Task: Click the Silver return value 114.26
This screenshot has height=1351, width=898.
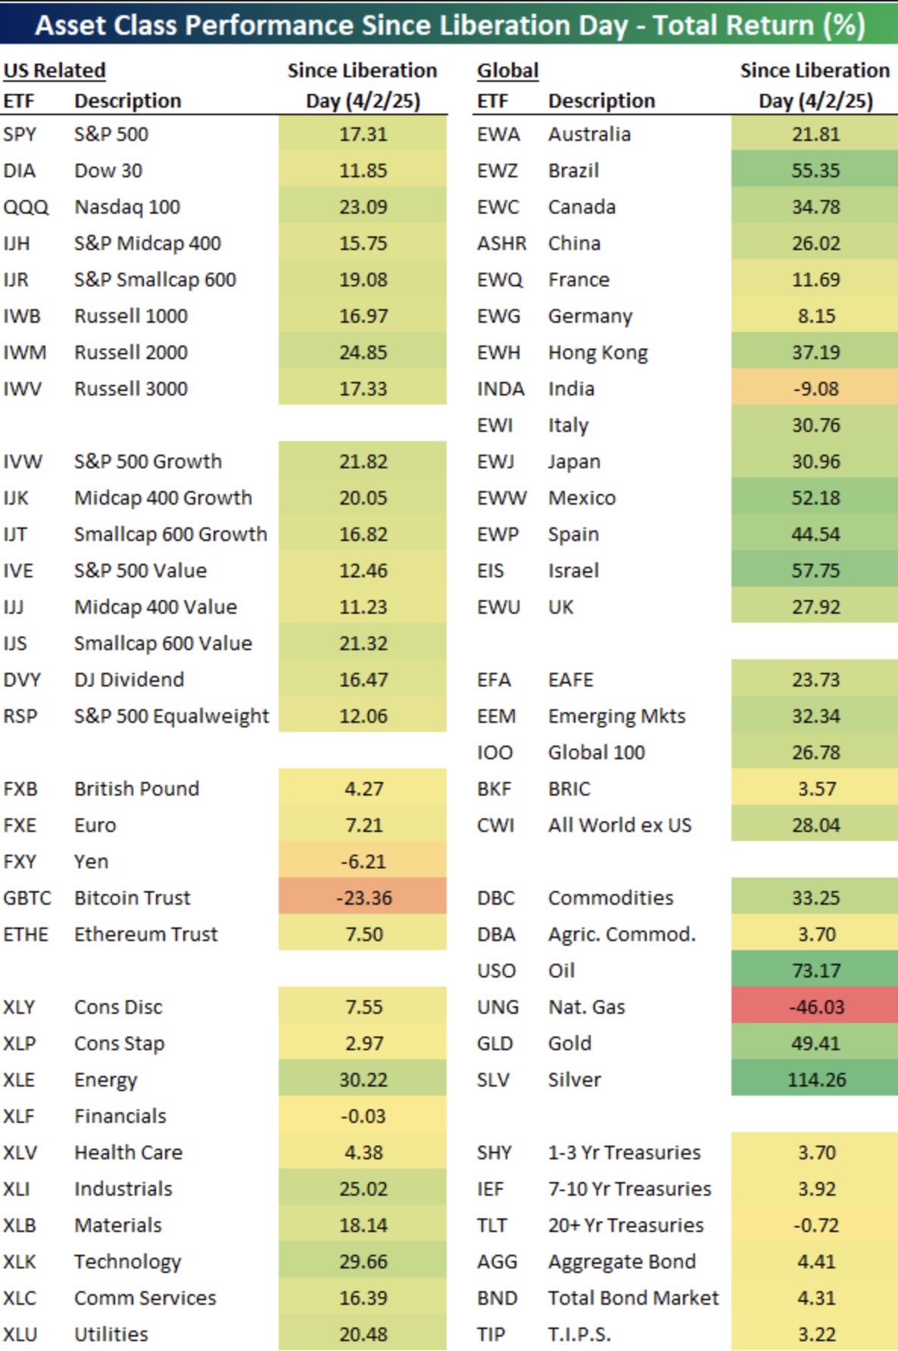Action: point(816,1079)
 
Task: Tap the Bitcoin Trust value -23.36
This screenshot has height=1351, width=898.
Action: point(363,897)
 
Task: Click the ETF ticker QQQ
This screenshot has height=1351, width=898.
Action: point(26,207)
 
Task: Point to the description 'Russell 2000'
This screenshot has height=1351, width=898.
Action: point(131,352)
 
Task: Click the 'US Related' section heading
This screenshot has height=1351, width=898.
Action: point(55,70)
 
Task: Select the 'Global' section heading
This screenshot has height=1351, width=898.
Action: point(508,70)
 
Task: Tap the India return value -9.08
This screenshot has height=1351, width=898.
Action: point(816,389)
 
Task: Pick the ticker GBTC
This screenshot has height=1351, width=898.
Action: point(27,898)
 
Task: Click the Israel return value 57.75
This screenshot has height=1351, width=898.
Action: point(816,570)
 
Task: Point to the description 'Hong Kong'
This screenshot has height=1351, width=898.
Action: point(598,353)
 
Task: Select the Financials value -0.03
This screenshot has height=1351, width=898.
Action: point(363,1115)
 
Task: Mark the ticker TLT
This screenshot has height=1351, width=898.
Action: point(492,1224)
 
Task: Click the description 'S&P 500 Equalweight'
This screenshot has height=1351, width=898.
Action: point(172,716)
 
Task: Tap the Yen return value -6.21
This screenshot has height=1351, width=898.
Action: point(363,861)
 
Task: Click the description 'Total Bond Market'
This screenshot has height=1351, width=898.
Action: point(634,1297)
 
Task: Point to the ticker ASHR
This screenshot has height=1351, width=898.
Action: point(501,243)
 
